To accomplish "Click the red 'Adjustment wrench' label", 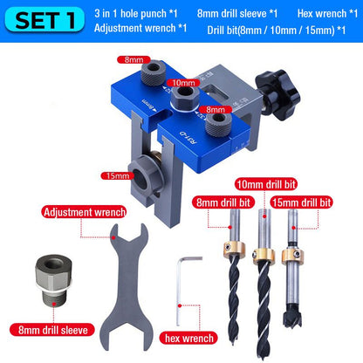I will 85,211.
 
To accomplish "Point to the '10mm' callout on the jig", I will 183,83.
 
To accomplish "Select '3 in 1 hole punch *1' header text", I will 133,13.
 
